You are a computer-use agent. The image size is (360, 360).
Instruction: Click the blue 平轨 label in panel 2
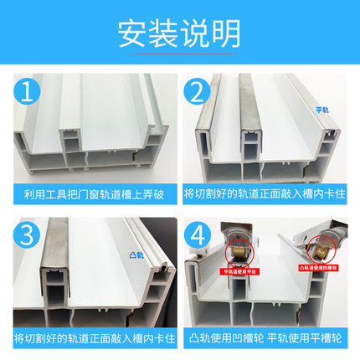(321, 111)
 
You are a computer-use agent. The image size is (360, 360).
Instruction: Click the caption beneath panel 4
(267, 337)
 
